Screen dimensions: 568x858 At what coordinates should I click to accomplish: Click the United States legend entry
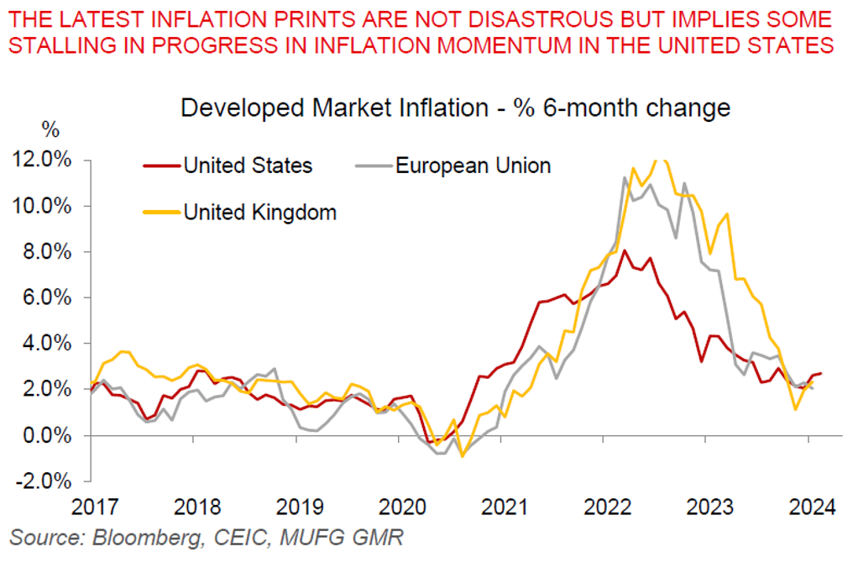(248, 166)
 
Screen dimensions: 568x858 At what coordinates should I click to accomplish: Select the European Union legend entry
(473, 166)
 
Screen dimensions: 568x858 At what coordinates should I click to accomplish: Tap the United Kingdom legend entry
(259, 212)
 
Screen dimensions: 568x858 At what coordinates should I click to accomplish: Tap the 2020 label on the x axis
(400, 508)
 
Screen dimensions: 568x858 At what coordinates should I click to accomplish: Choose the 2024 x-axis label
(812, 508)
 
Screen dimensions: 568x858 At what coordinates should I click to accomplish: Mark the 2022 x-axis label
(606, 508)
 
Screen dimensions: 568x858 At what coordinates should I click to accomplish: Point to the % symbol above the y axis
(50, 130)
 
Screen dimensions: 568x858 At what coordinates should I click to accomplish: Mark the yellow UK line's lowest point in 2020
(461, 456)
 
